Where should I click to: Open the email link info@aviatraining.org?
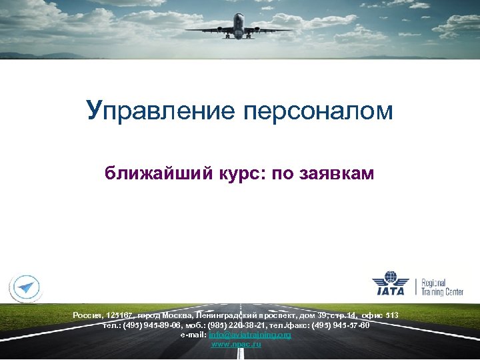(x=250, y=335)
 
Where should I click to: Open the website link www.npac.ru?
(x=236, y=344)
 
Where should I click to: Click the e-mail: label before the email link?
(x=194, y=335)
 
